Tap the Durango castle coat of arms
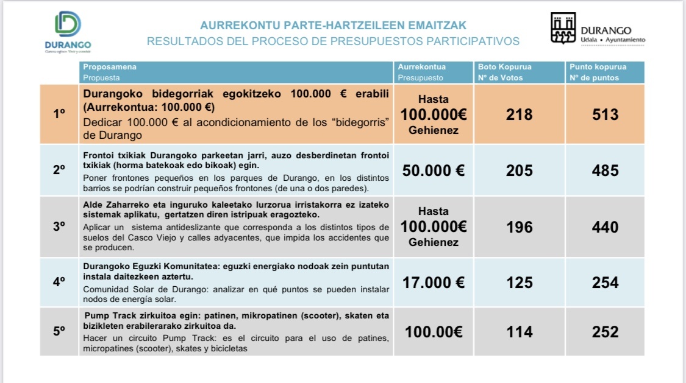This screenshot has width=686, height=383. [x=563, y=29]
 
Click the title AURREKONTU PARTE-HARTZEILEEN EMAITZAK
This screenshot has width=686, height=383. [x=333, y=26]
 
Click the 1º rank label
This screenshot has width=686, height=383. [x=59, y=114]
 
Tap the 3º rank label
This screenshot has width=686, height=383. [x=59, y=227]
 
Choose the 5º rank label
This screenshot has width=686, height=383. [x=59, y=332]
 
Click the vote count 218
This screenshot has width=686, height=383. [x=519, y=114]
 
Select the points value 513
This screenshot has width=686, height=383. [x=605, y=114]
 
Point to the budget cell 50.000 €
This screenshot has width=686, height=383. [x=434, y=170]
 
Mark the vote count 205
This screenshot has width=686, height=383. [x=519, y=170]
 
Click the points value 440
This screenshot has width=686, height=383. [x=605, y=227]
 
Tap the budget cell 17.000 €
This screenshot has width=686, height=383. [x=434, y=283]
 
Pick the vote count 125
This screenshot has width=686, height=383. [x=519, y=283]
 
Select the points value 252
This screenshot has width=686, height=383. [x=605, y=332]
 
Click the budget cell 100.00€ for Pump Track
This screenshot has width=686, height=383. [x=434, y=332]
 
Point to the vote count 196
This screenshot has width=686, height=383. [x=519, y=227]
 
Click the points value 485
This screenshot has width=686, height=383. [x=605, y=170]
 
